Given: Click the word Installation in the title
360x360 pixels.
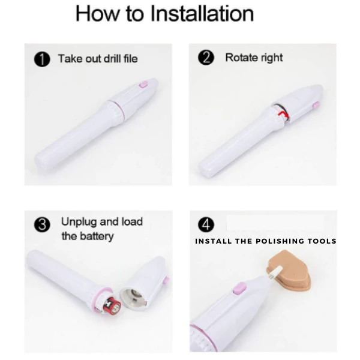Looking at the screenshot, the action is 202,14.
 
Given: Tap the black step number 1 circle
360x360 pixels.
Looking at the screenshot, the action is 42,59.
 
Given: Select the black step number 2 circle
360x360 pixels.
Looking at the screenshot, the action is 206,58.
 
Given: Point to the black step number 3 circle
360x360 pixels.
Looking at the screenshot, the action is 42,224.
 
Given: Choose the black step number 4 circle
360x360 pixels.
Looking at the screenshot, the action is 206,224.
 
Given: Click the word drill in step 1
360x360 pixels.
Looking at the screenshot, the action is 113,59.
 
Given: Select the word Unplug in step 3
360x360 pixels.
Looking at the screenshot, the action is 79,223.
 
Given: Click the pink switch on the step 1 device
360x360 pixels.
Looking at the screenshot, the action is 144,84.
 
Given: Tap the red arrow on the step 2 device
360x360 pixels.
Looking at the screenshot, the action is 283,114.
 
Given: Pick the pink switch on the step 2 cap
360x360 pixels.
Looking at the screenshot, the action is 316,105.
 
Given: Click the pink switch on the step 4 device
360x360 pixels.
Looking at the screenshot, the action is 239,289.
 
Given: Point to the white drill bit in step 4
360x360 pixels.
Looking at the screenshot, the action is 276,272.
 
